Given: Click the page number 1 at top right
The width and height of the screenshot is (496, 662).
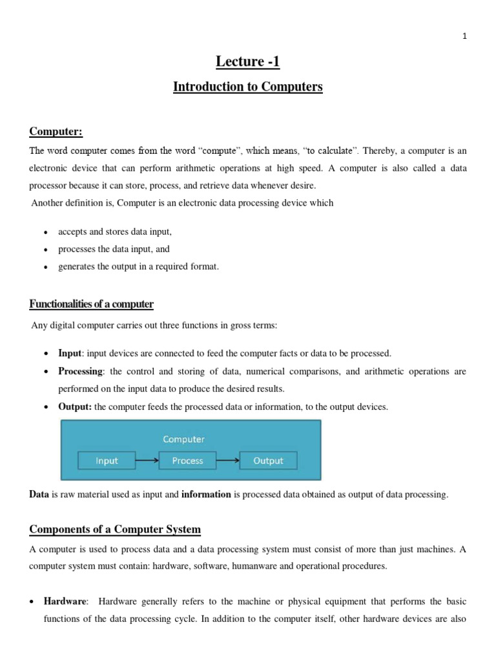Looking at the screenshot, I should tap(464, 36).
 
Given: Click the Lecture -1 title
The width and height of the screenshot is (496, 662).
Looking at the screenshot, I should tap(247, 62).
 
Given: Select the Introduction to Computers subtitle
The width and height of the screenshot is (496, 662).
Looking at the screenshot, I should tap(247, 87).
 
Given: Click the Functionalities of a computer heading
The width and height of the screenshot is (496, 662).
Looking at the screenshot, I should tap(91, 304).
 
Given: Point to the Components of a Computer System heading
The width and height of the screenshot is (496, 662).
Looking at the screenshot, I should tap(115, 529).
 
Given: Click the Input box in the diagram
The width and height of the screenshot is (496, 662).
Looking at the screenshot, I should tap(107, 461).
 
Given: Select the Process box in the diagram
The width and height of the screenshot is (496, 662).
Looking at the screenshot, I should tap(187, 461).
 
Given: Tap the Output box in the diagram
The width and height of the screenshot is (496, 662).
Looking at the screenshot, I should tap(268, 461).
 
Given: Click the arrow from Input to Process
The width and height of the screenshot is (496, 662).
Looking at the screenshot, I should tap(147, 461).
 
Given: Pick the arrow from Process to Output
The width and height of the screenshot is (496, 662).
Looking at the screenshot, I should tap(228, 461).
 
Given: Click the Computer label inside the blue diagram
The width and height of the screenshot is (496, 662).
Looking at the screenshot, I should tap(183, 439).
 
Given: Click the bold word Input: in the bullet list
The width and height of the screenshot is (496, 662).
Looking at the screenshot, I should tap(70, 353).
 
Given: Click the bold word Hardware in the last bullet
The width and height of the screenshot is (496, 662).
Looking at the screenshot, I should tap(65, 601).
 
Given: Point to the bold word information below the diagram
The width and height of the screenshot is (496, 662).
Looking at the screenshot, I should tap(206, 495).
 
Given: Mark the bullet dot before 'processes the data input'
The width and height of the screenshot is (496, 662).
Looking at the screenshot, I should tap(45, 250).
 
